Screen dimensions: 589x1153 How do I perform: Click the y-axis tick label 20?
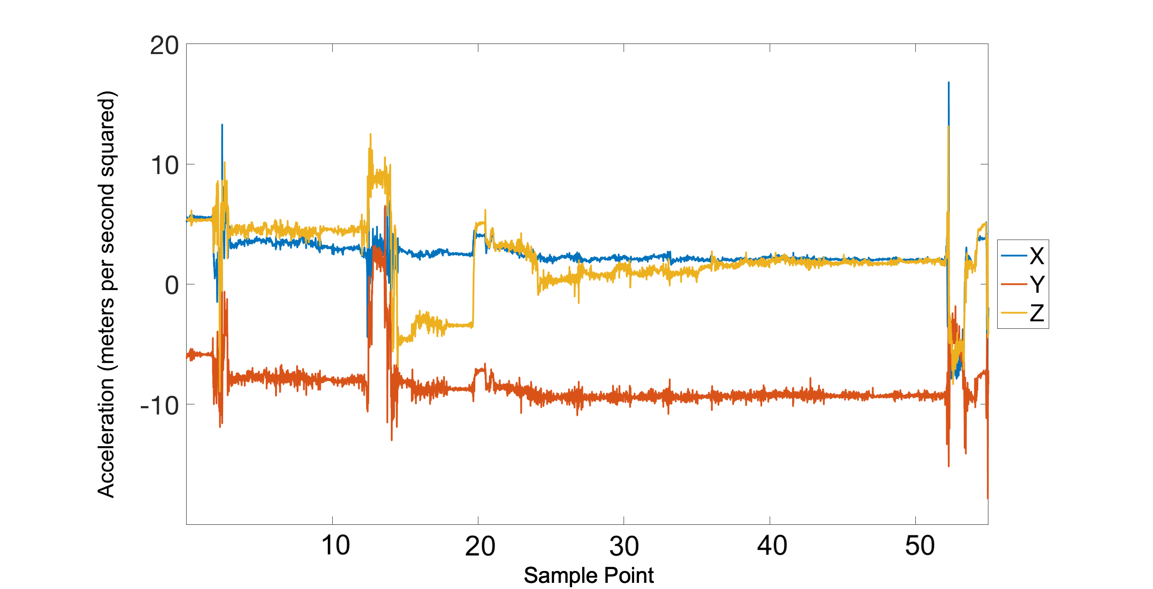164,46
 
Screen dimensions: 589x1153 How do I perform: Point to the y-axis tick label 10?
164,165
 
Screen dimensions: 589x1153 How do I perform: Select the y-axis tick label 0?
172,285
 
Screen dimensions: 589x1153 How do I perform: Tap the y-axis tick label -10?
159,406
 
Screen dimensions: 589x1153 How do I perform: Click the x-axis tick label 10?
335,545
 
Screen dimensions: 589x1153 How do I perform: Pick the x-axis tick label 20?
480,545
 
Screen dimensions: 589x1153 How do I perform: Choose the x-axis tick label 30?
624,545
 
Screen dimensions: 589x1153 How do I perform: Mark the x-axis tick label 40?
771,545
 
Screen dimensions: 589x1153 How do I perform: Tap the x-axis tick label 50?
920,545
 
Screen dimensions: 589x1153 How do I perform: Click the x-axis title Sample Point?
588,575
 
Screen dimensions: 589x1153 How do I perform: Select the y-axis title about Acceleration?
106,294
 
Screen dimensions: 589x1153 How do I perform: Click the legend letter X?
1037,256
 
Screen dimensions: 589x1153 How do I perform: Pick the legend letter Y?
1037,284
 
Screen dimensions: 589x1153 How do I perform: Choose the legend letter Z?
1037,313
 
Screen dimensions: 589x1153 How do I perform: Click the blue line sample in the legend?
1014,256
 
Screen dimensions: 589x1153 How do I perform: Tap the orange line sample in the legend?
1014,284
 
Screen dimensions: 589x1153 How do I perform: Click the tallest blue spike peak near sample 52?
948,83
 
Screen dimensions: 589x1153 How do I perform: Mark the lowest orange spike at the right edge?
988,497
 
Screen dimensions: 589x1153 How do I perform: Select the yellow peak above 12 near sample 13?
371,134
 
